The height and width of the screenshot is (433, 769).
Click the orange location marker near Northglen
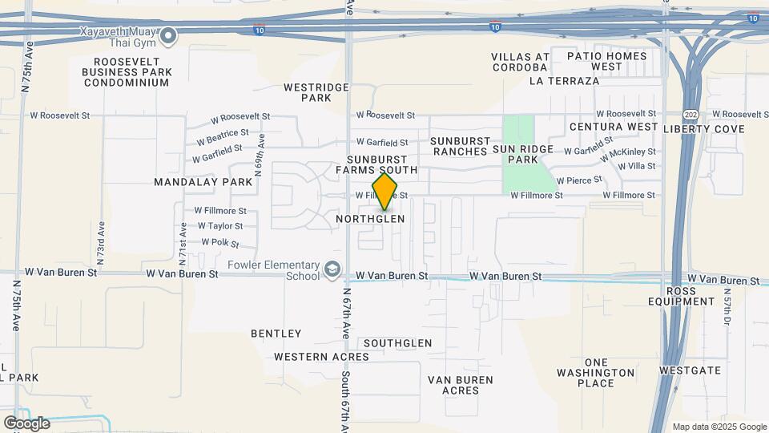coord(384,192)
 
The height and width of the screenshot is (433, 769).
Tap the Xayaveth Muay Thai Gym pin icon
coord(168,35)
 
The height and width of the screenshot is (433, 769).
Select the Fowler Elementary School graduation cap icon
coord(332,268)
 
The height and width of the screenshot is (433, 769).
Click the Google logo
coord(26,423)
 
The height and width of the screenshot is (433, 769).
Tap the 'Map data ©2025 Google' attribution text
coord(719,427)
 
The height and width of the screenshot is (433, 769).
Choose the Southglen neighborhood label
coord(397,343)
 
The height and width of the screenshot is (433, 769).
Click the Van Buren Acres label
coord(460,385)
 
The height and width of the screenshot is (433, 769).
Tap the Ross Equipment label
coord(681,296)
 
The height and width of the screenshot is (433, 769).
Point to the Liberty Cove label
coord(703,129)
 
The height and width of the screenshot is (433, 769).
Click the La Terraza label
coord(564,81)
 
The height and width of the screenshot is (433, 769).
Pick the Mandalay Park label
coord(203,182)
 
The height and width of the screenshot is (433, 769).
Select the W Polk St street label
coord(221,241)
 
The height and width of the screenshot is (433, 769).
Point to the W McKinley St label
coord(628,151)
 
